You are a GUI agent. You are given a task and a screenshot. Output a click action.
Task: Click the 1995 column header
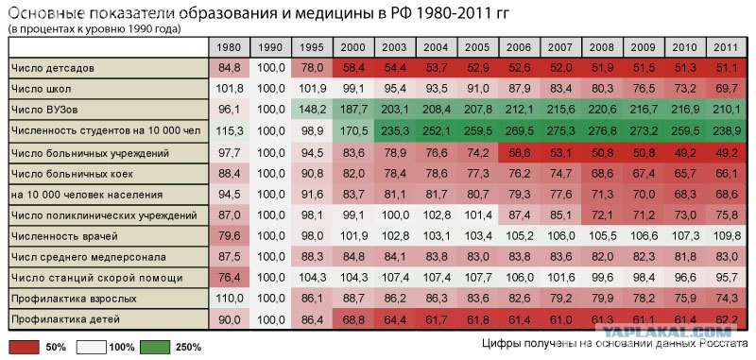(x=312, y=47)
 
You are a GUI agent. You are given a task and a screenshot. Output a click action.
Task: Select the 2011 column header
(x=726, y=47)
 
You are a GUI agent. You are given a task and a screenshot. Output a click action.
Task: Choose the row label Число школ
(x=41, y=89)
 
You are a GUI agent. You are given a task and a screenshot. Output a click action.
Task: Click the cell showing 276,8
(x=602, y=130)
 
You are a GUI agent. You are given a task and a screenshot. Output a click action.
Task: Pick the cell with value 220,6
(x=602, y=110)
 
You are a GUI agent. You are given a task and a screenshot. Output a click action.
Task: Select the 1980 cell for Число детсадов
(x=229, y=68)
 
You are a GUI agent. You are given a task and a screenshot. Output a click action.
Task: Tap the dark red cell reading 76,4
(x=229, y=278)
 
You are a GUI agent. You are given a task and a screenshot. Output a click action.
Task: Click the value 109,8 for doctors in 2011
(x=726, y=236)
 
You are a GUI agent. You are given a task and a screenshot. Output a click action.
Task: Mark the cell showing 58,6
(x=519, y=153)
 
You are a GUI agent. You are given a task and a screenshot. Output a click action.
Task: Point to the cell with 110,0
(x=229, y=299)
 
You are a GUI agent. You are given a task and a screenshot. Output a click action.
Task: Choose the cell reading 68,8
(x=353, y=319)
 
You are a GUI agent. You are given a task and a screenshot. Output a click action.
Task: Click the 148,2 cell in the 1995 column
(x=312, y=110)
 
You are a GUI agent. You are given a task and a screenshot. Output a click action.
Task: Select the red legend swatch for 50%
(x=24, y=347)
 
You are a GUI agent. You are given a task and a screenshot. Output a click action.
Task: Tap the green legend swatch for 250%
(x=155, y=347)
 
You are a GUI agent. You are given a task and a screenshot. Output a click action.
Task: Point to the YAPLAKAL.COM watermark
(x=668, y=332)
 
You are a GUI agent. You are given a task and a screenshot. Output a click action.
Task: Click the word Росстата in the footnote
(x=720, y=344)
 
